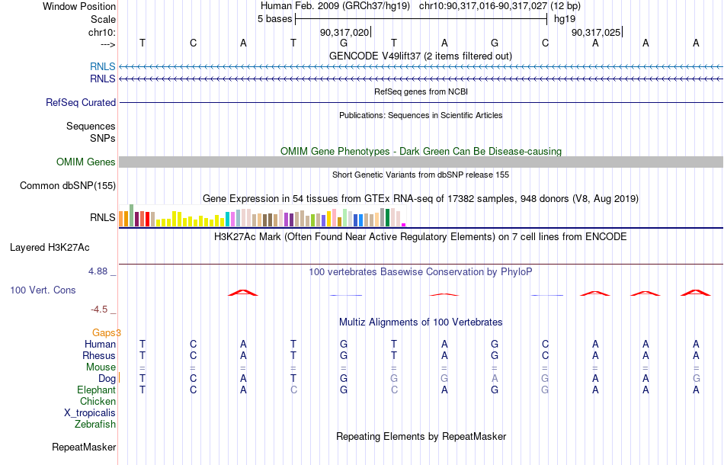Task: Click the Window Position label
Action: point(79,6)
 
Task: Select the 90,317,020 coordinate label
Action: point(344,32)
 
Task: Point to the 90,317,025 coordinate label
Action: point(596,32)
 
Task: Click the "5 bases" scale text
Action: point(274,19)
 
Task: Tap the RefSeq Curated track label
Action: point(81,102)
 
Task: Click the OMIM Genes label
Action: point(86,162)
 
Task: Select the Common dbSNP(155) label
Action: point(68,186)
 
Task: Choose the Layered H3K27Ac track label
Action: point(50,248)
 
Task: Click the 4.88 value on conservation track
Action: point(98,271)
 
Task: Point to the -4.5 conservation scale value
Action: point(99,309)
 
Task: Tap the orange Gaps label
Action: point(106,332)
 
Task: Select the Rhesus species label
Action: point(99,355)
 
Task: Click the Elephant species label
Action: point(97,390)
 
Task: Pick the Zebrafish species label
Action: point(95,425)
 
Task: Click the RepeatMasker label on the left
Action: point(84,447)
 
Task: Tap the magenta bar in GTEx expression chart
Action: point(404,225)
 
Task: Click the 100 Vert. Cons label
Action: point(43,290)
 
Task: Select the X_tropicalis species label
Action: point(90,413)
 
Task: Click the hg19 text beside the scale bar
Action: point(565,19)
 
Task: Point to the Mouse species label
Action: point(101,367)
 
